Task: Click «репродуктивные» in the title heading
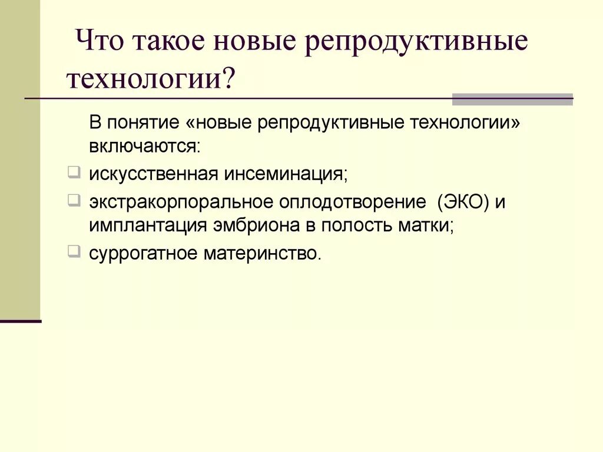(x=416, y=44)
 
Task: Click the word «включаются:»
(x=145, y=145)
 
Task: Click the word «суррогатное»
(x=144, y=254)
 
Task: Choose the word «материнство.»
(x=264, y=254)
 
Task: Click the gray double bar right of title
(x=512, y=99)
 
